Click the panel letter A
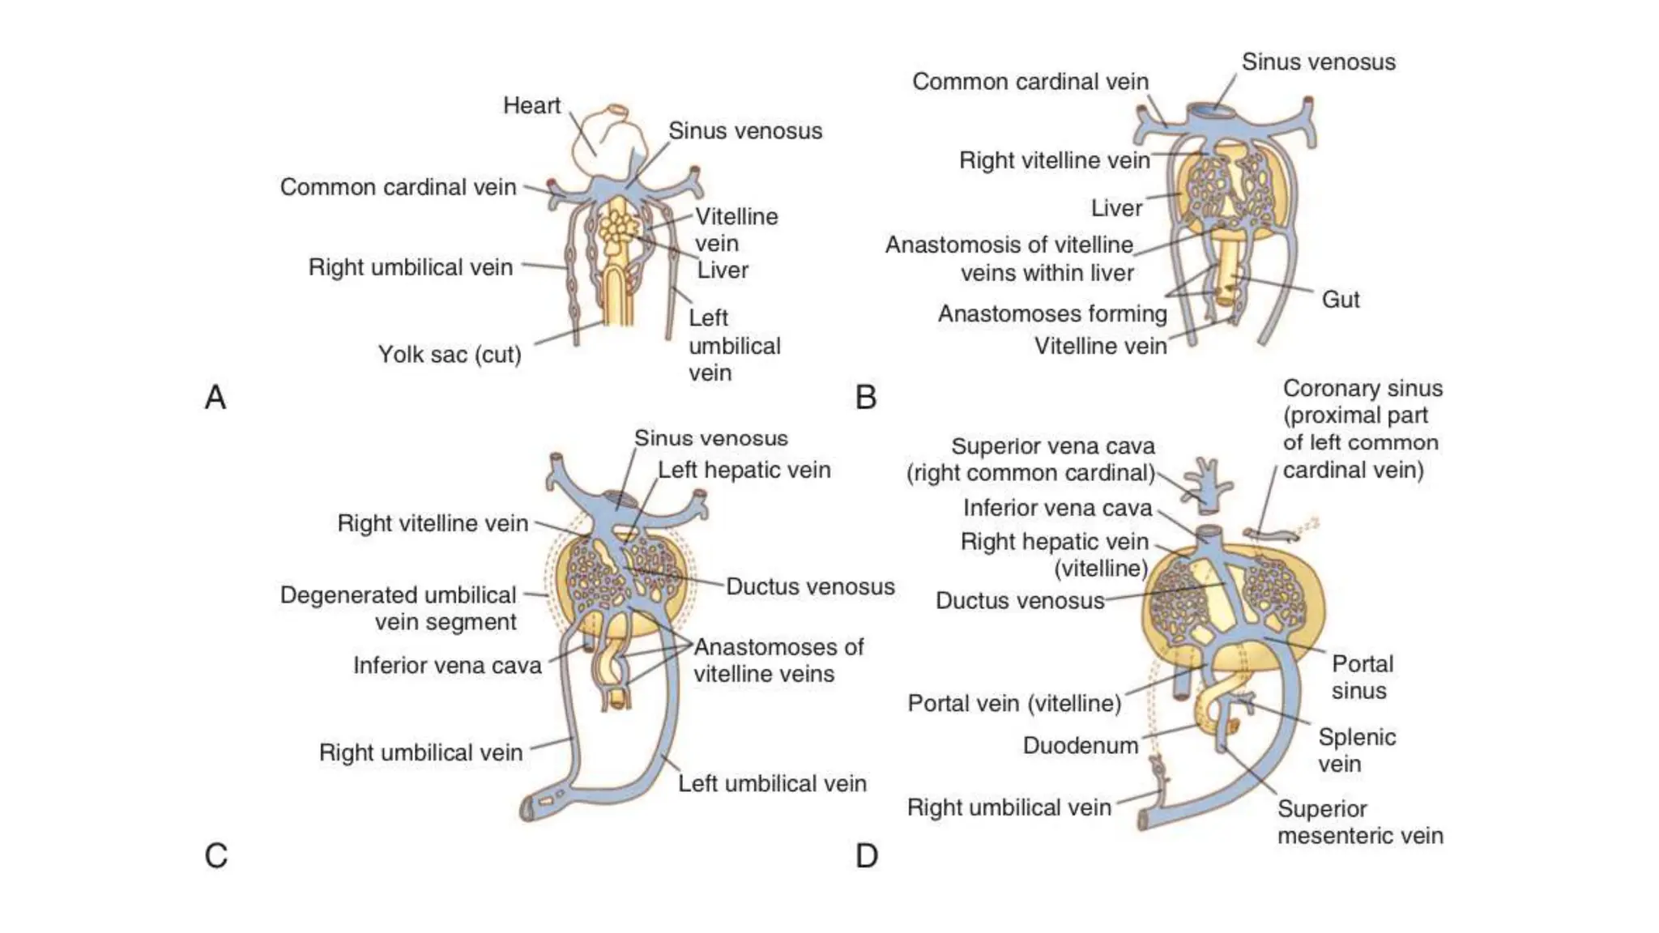click(215, 398)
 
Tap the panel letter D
click(866, 856)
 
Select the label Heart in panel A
click(531, 106)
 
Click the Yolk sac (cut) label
click(450, 355)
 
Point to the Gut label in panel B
click(1340, 300)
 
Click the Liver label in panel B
click(1115, 208)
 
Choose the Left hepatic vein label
click(744, 470)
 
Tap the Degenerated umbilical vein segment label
click(399, 608)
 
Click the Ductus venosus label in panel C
click(809, 586)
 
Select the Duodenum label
click(1080, 745)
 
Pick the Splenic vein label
click(1356, 750)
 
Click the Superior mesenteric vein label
click(1359, 822)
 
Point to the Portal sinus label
click(1362, 677)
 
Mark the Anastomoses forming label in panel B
click(1052, 313)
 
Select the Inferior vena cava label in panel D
click(1057, 508)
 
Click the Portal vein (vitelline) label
click(1014, 703)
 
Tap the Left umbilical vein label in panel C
click(771, 783)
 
